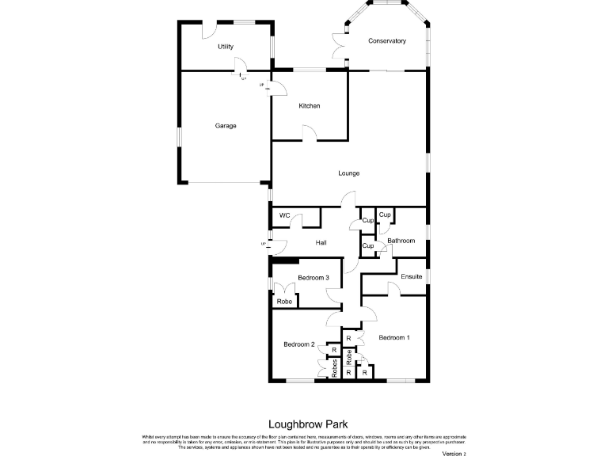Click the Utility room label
pyautogui.click(x=226, y=47)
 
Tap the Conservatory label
pyautogui.click(x=387, y=41)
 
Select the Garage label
pyautogui.click(x=226, y=126)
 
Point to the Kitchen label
pyautogui.click(x=310, y=106)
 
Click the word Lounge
pyautogui.click(x=349, y=173)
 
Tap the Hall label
pyautogui.click(x=321, y=242)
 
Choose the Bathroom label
pyautogui.click(x=401, y=241)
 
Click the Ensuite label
pyautogui.click(x=411, y=276)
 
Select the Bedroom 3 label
pyautogui.click(x=313, y=277)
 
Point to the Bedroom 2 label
pyautogui.click(x=299, y=344)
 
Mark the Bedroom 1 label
pyautogui.click(x=394, y=338)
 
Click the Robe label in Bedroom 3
pyautogui.click(x=284, y=301)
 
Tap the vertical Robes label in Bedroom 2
pyautogui.click(x=335, y=367)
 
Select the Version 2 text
pyautogui.click(x=454, y=453)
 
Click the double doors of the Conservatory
pyautogui.click(x=339, y=46)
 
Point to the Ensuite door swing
pyautogui.click(x=393, y=288)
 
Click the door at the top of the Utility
pyautogui.click(x=210, y=30)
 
